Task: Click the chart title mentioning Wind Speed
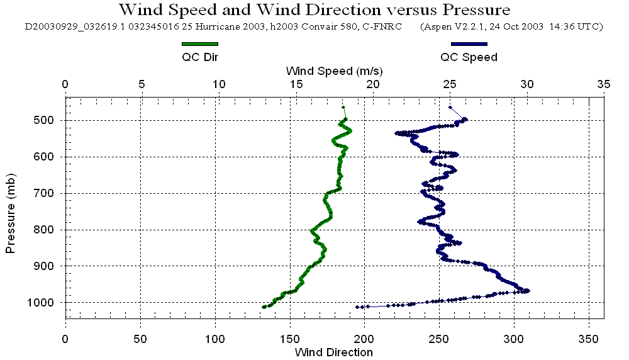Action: coord(314,10)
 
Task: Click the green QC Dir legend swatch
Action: coord(199,44)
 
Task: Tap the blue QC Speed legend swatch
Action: coord(469,44)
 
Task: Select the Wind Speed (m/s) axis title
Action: coord(334,70)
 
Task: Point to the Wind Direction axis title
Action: coord(333,352)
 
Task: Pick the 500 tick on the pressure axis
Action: coord(48,120)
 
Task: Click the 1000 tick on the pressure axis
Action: coord(45,303)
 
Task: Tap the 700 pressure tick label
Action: coord(48,193)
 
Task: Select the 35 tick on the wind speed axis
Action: coord(604,84)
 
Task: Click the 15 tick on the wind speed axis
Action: coord(296,84)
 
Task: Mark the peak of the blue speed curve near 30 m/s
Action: coord(527,290)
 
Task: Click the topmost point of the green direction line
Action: coord(343,107)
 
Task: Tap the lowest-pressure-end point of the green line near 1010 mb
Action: coord(264,307)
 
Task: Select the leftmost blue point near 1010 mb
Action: coord(357,307)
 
